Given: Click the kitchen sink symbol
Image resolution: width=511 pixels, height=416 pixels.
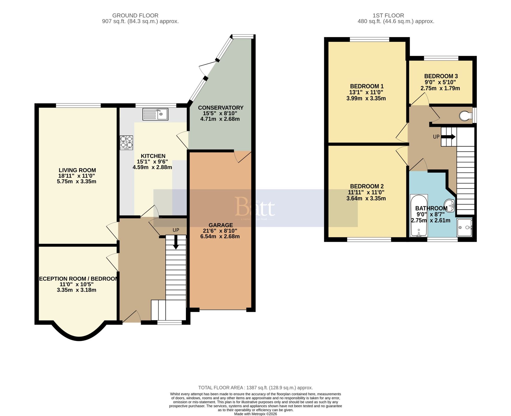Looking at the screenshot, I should [155, 114].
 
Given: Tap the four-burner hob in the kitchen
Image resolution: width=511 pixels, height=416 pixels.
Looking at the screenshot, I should [126, 142].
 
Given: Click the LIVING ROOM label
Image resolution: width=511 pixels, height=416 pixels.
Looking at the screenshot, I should [77, 170].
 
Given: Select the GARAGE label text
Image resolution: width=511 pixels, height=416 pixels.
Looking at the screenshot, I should [221, 225].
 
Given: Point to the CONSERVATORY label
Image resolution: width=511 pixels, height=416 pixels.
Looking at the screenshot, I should [221, 108].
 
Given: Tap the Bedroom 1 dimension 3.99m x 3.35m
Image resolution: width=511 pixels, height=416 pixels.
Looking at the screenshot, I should [366, 99].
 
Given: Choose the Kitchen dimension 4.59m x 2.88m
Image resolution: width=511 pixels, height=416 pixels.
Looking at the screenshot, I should [152, 167].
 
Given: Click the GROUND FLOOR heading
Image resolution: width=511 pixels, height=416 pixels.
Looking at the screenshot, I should [135, 16].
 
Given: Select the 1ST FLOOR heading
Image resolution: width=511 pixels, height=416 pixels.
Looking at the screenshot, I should [388, 16].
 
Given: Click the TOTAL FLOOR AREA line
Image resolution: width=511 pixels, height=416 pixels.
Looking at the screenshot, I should [255, 388].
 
